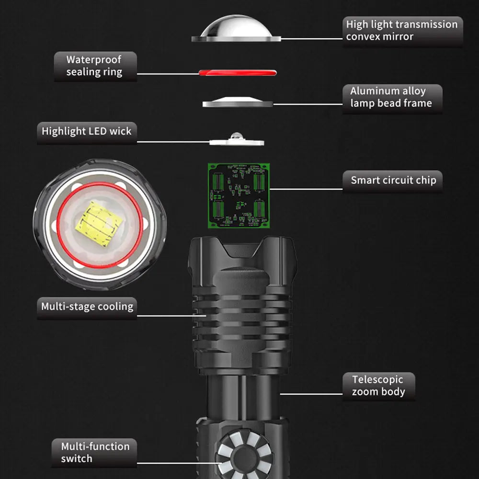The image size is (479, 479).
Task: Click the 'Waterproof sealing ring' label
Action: [x=95, y=66]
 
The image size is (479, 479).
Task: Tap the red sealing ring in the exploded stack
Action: [x=238, y=73]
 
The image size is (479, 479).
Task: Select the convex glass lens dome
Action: [x=236, y=28]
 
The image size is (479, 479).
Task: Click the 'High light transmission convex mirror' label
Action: [x=403, y=31]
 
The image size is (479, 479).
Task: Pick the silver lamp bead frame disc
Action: [x=238, y=102]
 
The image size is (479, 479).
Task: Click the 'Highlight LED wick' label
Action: [x=87, y=132]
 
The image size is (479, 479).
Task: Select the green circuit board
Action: [x=239, y=195]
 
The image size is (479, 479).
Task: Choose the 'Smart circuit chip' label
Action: [x=393, y=181]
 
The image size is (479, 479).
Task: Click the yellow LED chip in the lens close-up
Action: [x=99, y=224]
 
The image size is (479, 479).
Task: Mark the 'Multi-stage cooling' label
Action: [x=87, y=308]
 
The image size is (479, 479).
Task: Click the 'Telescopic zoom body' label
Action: [x=379, y=386]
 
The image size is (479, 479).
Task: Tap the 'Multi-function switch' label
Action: [x=94, y=453]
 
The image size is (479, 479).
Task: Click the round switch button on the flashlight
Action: [x=244, y=455]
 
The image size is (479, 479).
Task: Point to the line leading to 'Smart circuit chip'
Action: [x=306, y=189]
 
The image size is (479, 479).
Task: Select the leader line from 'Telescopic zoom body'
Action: [x=311, y=394]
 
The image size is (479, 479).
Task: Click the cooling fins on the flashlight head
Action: [x=241, y=318]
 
